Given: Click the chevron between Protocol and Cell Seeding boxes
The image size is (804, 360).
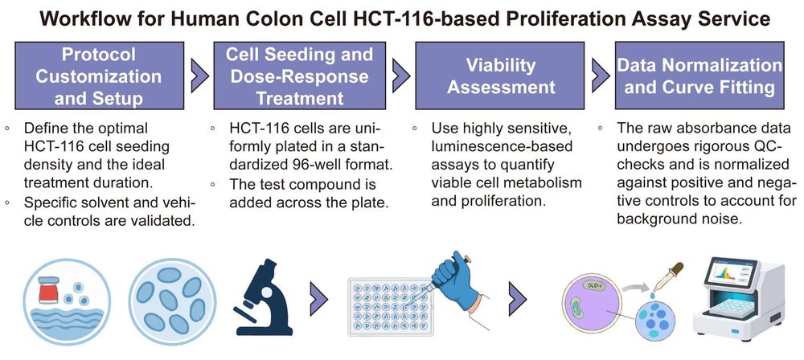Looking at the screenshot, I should click(x=196, y=75).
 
